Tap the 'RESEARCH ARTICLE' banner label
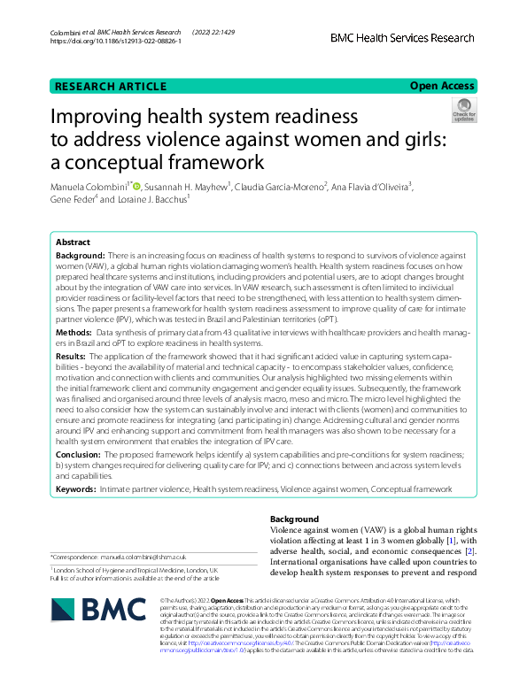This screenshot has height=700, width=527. tap(111, 86)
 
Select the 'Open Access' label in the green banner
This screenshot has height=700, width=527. tap(441, 86)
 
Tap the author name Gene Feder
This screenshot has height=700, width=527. tap(72, 200)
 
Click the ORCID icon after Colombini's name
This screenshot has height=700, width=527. tap(136, 185)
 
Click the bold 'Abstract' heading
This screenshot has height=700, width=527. tap(73, 242)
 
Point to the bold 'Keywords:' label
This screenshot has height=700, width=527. tap(77, 488)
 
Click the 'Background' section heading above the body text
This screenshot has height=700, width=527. tap(296, 519)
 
